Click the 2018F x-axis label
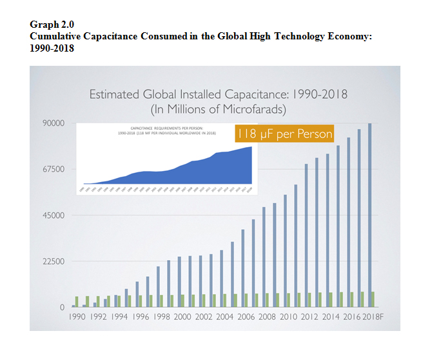[x=373, y=317]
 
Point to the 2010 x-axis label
[x=290, y=317]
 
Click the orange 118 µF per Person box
[x=285, y=134]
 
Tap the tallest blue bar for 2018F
[x=369, y=213]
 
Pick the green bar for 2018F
[x=373, y=299]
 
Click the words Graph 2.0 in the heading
[x=48, y=25]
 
